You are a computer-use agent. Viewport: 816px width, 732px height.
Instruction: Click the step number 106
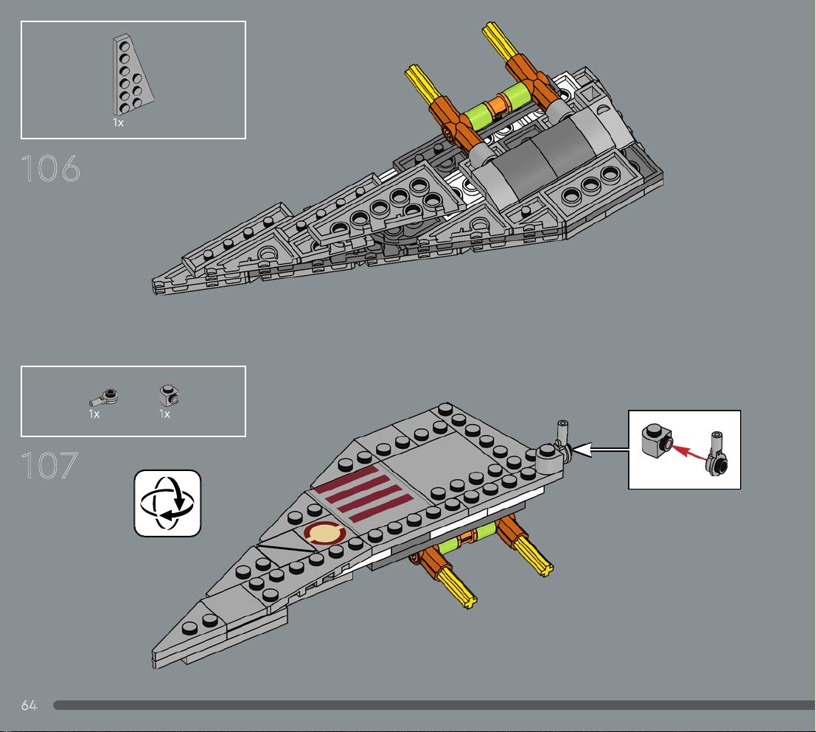pyautogui.click(x=50, y=168)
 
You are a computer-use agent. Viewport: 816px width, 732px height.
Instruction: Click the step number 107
pyautogui.click(x=49, y=466)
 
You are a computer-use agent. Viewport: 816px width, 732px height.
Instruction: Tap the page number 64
pyautogui.click(x=29, y=705)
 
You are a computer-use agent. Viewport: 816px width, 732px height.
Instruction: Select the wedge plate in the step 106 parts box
pyautogui.click(x=132, y=74)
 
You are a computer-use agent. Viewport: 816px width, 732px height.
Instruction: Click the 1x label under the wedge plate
pyautogui.click(x=118, y=123)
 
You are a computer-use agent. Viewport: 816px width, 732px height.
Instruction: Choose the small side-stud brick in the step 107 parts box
pyautogui.click(x=169, y=396)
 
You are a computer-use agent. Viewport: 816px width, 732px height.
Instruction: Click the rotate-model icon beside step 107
pyautogui.click(x=167, y=503)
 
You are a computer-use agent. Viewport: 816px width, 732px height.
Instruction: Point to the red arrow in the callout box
pyautogui.click(x=688, y=452)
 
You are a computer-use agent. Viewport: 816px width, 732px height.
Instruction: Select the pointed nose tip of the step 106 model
pyautogui.click(x=155, y=287)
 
